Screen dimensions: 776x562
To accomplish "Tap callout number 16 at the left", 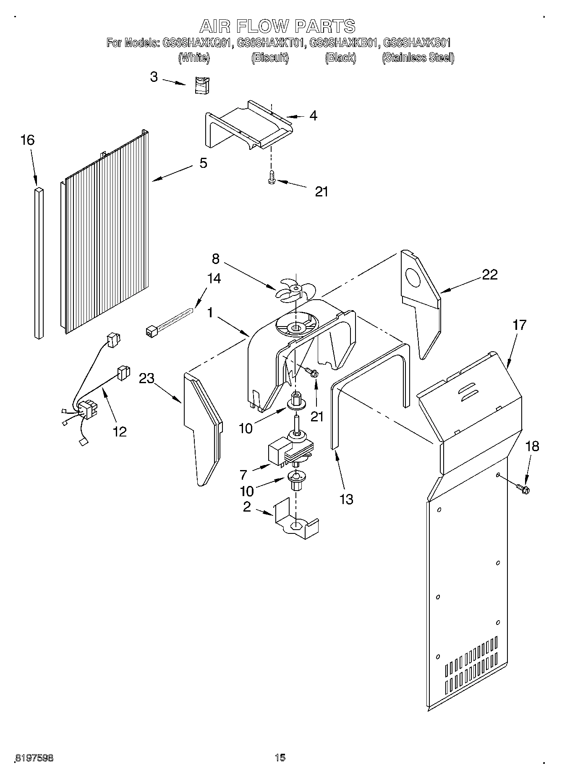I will (x=27, y=140).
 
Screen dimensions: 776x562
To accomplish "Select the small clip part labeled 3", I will (x=203, y=86).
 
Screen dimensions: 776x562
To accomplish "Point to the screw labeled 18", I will (x=523, y=488).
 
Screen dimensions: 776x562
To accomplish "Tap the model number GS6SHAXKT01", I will (x=270, y=43).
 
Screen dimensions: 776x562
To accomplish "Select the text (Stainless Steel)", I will (x=418, y=58).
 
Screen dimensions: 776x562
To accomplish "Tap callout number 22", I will (x=489, y=274).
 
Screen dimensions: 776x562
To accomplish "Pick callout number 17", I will (x=519, y=325).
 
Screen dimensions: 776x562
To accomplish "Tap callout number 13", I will (x=346, y=499).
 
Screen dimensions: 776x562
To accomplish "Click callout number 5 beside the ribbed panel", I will (x=203, y=163).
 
